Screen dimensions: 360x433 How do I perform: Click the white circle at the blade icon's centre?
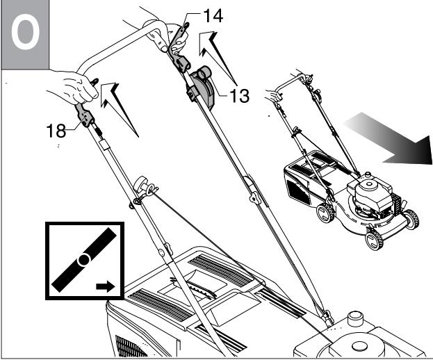[x=83, y=259]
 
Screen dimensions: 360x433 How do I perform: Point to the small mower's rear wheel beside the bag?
[x=325, y=212]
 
